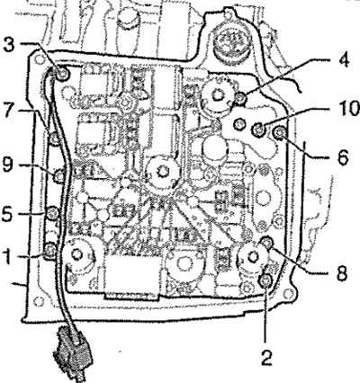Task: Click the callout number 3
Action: (10, 46)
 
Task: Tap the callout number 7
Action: (10, 111)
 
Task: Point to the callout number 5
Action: (8, 213)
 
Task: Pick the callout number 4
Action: (343, 61)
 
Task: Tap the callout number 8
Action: (340, 272)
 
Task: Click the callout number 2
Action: (266, 356)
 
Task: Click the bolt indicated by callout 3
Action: (62, 74)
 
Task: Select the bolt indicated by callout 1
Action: (49, 250)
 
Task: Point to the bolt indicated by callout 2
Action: (265, 281)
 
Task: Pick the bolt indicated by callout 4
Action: (240, 98)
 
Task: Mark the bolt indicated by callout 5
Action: (53, 212)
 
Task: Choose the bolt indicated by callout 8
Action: (266, 242)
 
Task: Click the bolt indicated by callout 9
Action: (59, 176)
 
